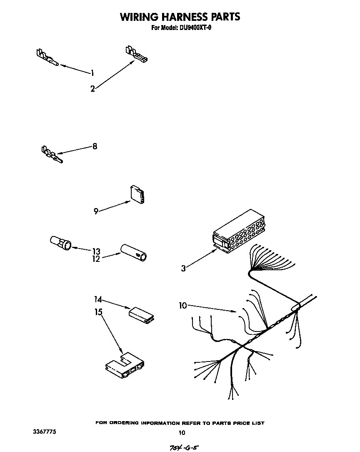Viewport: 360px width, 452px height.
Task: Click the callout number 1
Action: coord(92,73)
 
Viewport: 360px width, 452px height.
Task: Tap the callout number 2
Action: coord(92,88)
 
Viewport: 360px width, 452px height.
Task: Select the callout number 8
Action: coord(95,146)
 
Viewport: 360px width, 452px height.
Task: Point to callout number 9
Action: coord(96,211)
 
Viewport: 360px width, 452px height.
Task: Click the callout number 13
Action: coord(96,251)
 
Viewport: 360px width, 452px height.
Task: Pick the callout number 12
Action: coord(96,259)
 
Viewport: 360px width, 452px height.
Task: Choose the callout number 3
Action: coord(183,269)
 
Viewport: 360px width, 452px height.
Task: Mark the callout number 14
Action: coord(98,299)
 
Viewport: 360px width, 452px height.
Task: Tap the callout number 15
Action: coord(98,312)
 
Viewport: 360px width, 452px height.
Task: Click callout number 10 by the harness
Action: coord(183,306)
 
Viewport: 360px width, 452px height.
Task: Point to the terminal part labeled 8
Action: coord(52,154)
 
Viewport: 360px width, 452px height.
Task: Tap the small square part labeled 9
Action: coord(137,195)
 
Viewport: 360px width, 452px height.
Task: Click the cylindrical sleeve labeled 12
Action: coord(134,252)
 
